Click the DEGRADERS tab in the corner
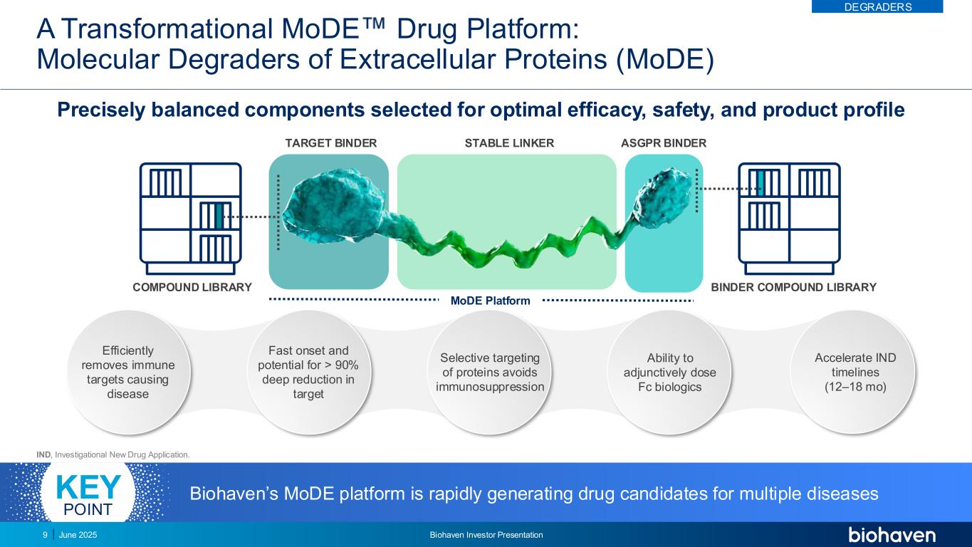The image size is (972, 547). (877, 6)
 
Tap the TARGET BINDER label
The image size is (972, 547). (330, 143)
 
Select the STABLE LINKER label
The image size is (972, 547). (509, 143)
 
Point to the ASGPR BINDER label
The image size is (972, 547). (664, 143)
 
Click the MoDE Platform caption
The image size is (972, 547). (491, 301)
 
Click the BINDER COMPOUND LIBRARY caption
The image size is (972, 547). (794, 287)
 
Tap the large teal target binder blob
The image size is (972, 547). (333, 207)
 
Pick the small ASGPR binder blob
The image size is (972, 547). (662, 197)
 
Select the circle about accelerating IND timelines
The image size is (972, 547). (855, 372)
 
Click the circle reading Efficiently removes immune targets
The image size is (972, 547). (128, 372)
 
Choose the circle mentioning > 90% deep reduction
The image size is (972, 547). (308, 372)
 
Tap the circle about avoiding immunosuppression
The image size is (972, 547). (490, 372)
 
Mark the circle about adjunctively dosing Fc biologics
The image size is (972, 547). (669, 372)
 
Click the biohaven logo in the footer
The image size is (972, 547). (892, 534)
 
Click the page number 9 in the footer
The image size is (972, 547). (45, 535)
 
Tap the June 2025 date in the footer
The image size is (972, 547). (78, 535)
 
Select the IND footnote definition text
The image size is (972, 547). (113, 454)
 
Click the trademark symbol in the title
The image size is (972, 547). (372, 24)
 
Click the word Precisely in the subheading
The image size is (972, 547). (101, 110)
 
